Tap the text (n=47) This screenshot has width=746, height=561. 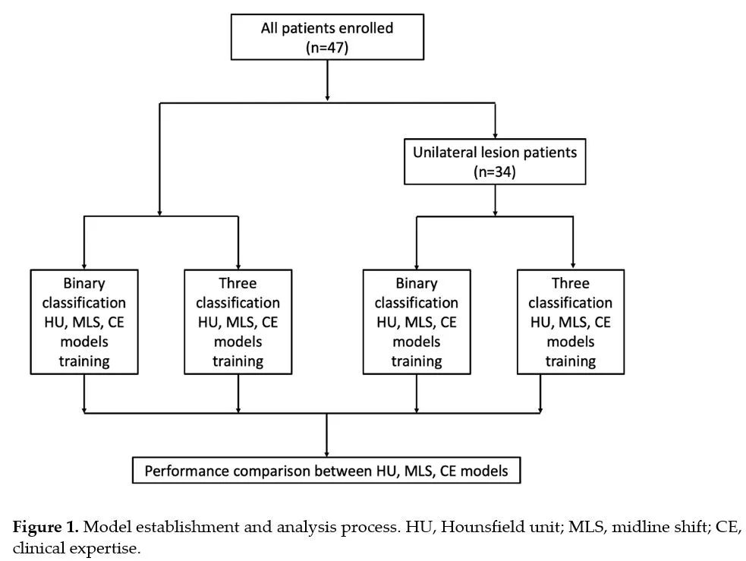(x=327, y=48)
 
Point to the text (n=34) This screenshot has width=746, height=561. (x=495, y=172)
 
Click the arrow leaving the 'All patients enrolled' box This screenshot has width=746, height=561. (x=327, y=80)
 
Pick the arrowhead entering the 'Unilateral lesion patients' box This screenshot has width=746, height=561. (x=496, y=136)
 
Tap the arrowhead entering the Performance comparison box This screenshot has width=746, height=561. (x=326, y=454)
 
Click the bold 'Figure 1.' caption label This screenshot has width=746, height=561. (x=46, y=527)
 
